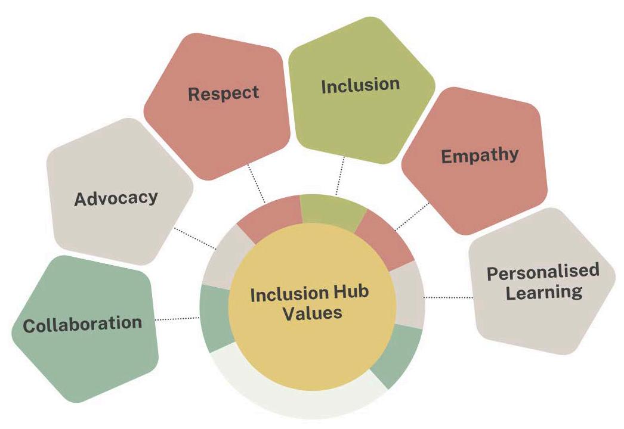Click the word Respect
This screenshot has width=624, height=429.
pyautogui.click(x=224, y=94)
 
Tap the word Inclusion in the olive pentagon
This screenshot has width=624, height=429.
pyautogui.click(x=360, y=85)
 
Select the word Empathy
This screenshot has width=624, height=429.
pyautogui.click(x=480, y=156)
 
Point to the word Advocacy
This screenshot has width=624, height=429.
pyautogui.click(x=116, y=198)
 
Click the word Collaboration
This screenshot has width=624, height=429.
pyautogui.click(x=82, y=324)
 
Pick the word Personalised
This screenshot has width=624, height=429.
pyautogui.click(x=543, y=272)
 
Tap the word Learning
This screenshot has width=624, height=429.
pyautogui.click(x=543, y=292)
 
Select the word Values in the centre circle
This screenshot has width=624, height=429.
pyautogui.click(x=312, y=313)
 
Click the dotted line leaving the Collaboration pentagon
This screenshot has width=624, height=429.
pyautogui.click(x=177, y=319)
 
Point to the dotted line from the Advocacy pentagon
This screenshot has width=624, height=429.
pyautogui.click(x=194, y=238)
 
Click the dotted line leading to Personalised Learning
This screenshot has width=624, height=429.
pyautogui.click(x=447, y=297)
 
